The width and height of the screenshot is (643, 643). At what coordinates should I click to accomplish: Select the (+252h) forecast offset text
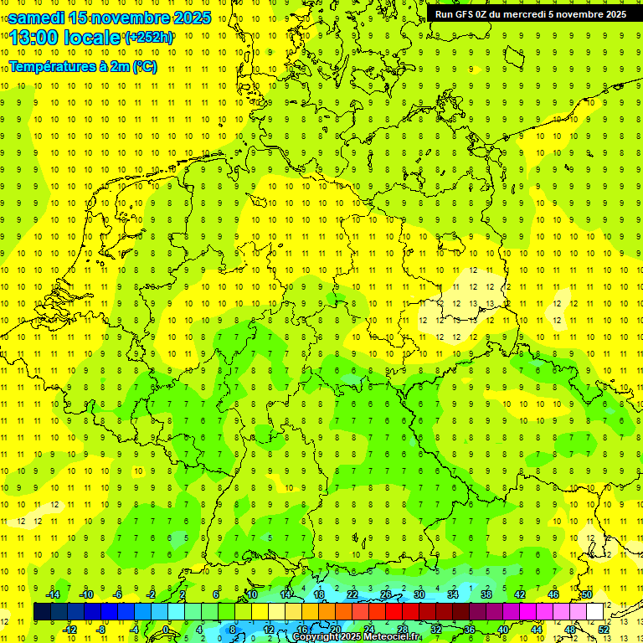tap(149, 38)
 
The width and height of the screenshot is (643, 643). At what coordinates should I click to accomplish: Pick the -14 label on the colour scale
tap(54, 594)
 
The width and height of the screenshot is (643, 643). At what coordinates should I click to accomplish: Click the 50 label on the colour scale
tap(587, 594)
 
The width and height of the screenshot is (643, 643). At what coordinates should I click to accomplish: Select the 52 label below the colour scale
tap(604, 630)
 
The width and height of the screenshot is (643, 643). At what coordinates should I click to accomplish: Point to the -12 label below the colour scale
tap(71, 630)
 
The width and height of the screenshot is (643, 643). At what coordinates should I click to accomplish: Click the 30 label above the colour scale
tap(419, 594)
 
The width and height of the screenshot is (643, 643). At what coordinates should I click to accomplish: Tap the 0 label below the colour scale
tap(166, 630)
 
